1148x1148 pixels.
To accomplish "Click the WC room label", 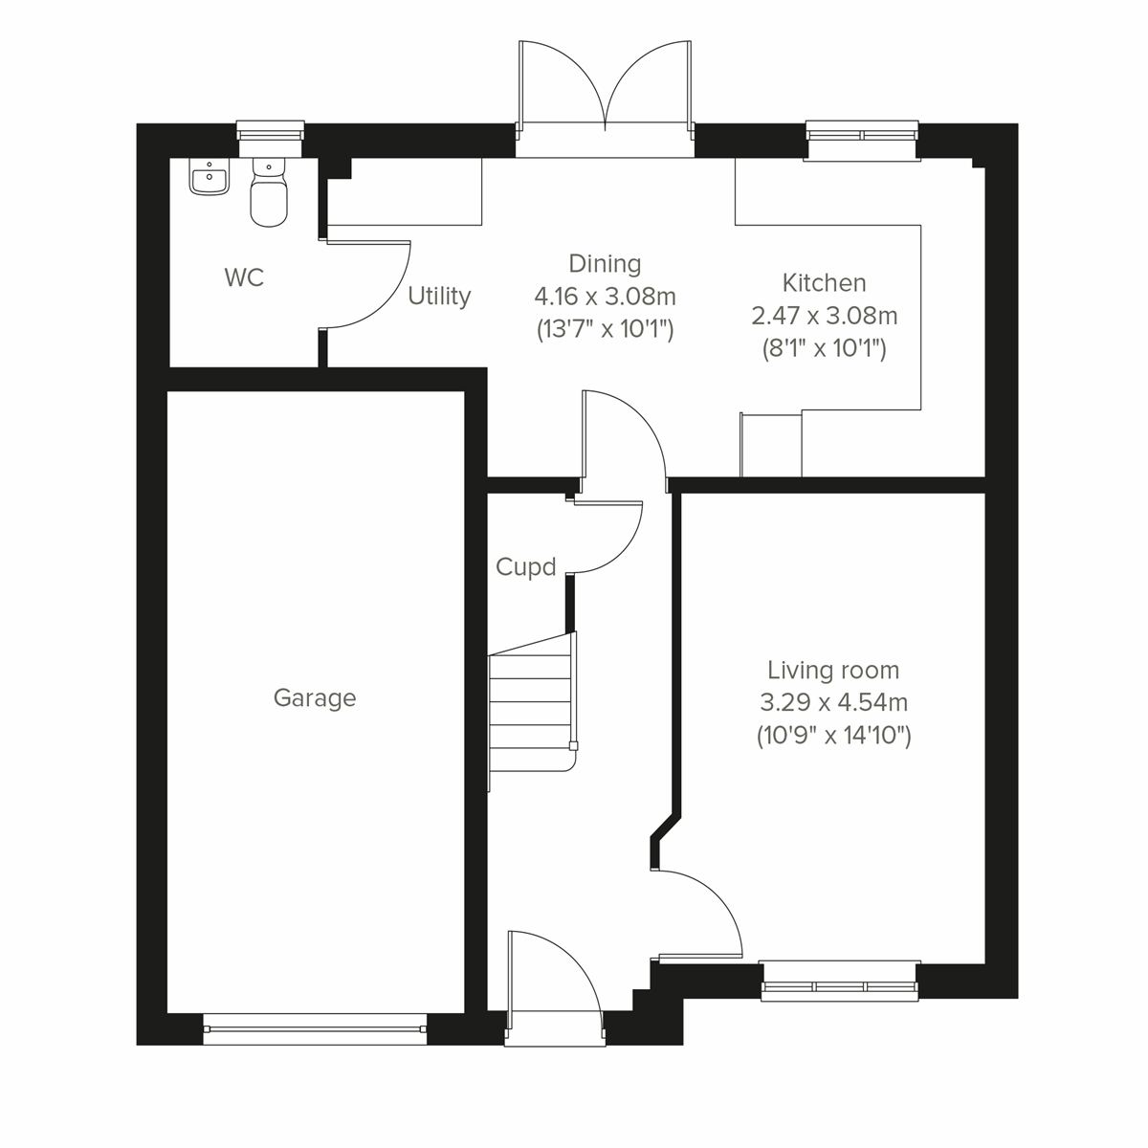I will (244, 278).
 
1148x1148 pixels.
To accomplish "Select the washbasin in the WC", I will (209, 178).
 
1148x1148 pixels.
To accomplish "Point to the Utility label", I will (439, 297).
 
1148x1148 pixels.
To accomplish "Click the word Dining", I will (605, 263).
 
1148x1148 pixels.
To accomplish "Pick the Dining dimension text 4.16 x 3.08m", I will (605, 297).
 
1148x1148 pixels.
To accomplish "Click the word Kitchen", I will (824, 283).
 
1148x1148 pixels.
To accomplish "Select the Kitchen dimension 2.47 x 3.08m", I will (824, 316).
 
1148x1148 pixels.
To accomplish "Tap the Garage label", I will (315, 698).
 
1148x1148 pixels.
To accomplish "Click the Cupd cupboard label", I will (525, 567).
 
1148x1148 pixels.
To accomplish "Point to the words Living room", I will (833, 671).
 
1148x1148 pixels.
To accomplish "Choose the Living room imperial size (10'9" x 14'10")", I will (833, 736).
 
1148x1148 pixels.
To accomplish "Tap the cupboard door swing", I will (607, 536).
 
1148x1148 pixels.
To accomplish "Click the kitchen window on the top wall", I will (862, 134).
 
